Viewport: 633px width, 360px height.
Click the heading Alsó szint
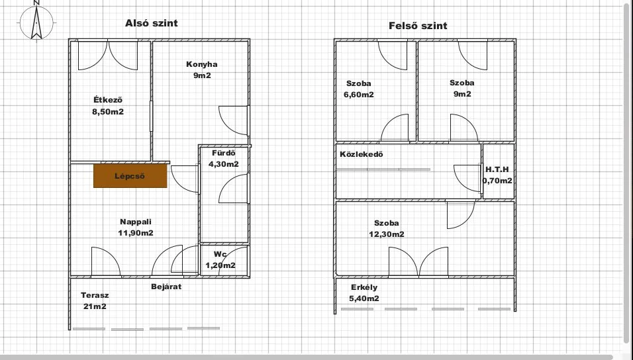pyautogui.click(x=152, y=23)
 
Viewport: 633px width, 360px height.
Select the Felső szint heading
pyautogui.click(x=418, y=26)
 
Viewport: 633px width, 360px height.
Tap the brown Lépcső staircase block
pyautogui.click(x=130, y=175)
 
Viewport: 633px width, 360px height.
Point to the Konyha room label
pyautogui.click(x=202, y=64)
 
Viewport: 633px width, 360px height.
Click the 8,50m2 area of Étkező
pyautogui.click(x=108, y=112)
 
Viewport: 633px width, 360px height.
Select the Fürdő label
pyautogui.click(x=224, y=153)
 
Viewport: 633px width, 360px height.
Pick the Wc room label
pyautogui.click(x=220, y=254)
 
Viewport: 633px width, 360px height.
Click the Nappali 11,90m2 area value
pyautogui.click(x=136, y=233)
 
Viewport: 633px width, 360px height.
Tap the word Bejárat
pyautogui.click(x=166, y=287)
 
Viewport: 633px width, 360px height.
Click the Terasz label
pyautogui.click(x=95, y=295)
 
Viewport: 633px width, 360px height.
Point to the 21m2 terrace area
pyautogui.click(x=95, y=306)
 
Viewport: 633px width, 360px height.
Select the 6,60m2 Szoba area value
pyautogui.click(x=358, y=95)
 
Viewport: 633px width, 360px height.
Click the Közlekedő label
pyautogui.click(x=362, y=154)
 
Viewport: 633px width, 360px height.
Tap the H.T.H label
pyautogui.click(x=497, y=169)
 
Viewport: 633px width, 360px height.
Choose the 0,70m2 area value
pyautogui.click(x=497, y=181)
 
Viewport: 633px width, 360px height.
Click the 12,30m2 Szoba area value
pyautogui.click(x=386, y=234)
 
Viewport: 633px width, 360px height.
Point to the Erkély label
pyautogui.click(x=364, y=287)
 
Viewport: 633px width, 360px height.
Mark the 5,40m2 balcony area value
pyautogui.click(x=364, y=298)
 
